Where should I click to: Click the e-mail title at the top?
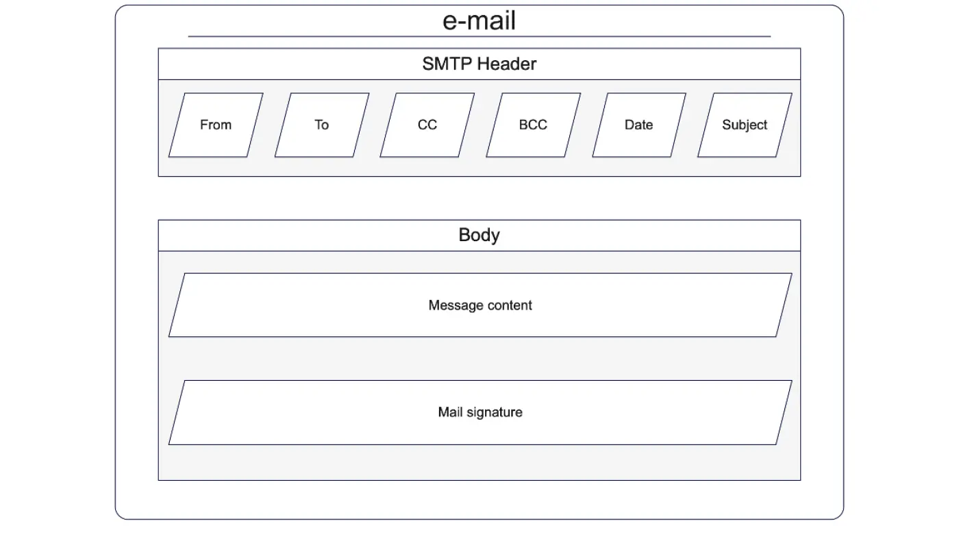point(479,21)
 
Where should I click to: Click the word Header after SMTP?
point(506,64)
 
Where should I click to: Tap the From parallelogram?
point(216,125)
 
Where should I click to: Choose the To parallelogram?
point(322,125)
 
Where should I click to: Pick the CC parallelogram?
point(427,125)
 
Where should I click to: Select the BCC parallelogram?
point(534,125)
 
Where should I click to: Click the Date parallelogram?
point(639,125)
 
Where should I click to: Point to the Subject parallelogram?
point(745,125)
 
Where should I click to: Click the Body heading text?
point(479,235)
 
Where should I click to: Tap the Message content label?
point(480,305)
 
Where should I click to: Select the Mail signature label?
point(480,412)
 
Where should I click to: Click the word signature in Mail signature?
point(495,412)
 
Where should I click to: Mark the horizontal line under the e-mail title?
point(480,36)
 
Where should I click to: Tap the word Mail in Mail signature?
point(451,412)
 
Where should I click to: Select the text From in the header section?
point(216,125)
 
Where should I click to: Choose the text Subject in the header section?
point(745,125)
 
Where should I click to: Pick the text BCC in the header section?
point(533,125)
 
